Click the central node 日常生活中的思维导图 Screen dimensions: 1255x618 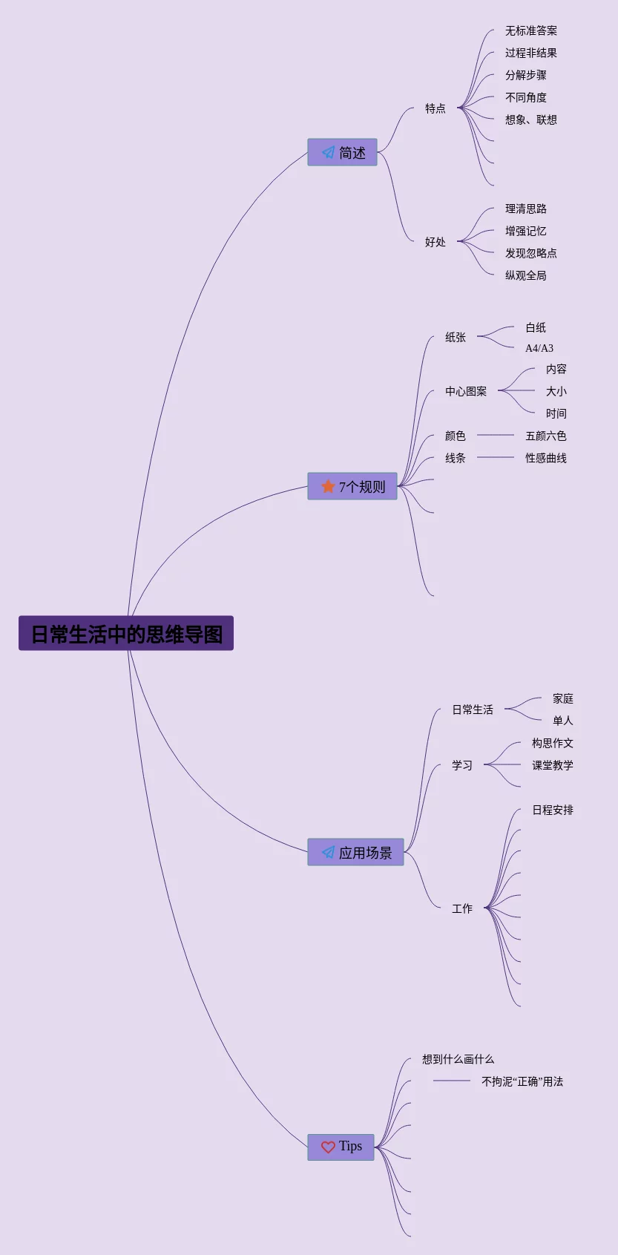click(126, 634)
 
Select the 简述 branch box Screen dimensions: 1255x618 click(342, 152)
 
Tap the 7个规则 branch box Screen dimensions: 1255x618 click(352, 486)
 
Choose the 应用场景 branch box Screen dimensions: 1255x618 click(355, 852)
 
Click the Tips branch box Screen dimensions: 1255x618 click(341, 1147)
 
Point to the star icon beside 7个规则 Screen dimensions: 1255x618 click(328, 486)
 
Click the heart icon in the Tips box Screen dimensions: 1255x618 click(328, 1147)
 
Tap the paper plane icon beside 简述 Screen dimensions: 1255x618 click(328, 152)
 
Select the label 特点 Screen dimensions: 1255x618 click(435, 108)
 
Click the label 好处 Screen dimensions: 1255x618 click(435, 242)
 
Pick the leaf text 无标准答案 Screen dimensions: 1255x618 click(531, 30)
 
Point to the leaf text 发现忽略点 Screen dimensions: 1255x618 click(531, 253)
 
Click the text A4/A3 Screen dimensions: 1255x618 click(539, 348)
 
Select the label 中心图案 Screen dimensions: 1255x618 click(466, 391)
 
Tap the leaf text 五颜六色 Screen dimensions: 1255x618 click(546, 436)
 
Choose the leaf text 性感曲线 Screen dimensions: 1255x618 click(546, 458)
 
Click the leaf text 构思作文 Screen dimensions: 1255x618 click(553, 743)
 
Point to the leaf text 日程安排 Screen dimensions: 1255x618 click(553, 810)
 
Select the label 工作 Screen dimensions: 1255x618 click(462, 908)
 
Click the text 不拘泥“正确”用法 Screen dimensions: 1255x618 click(522, 1081)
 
